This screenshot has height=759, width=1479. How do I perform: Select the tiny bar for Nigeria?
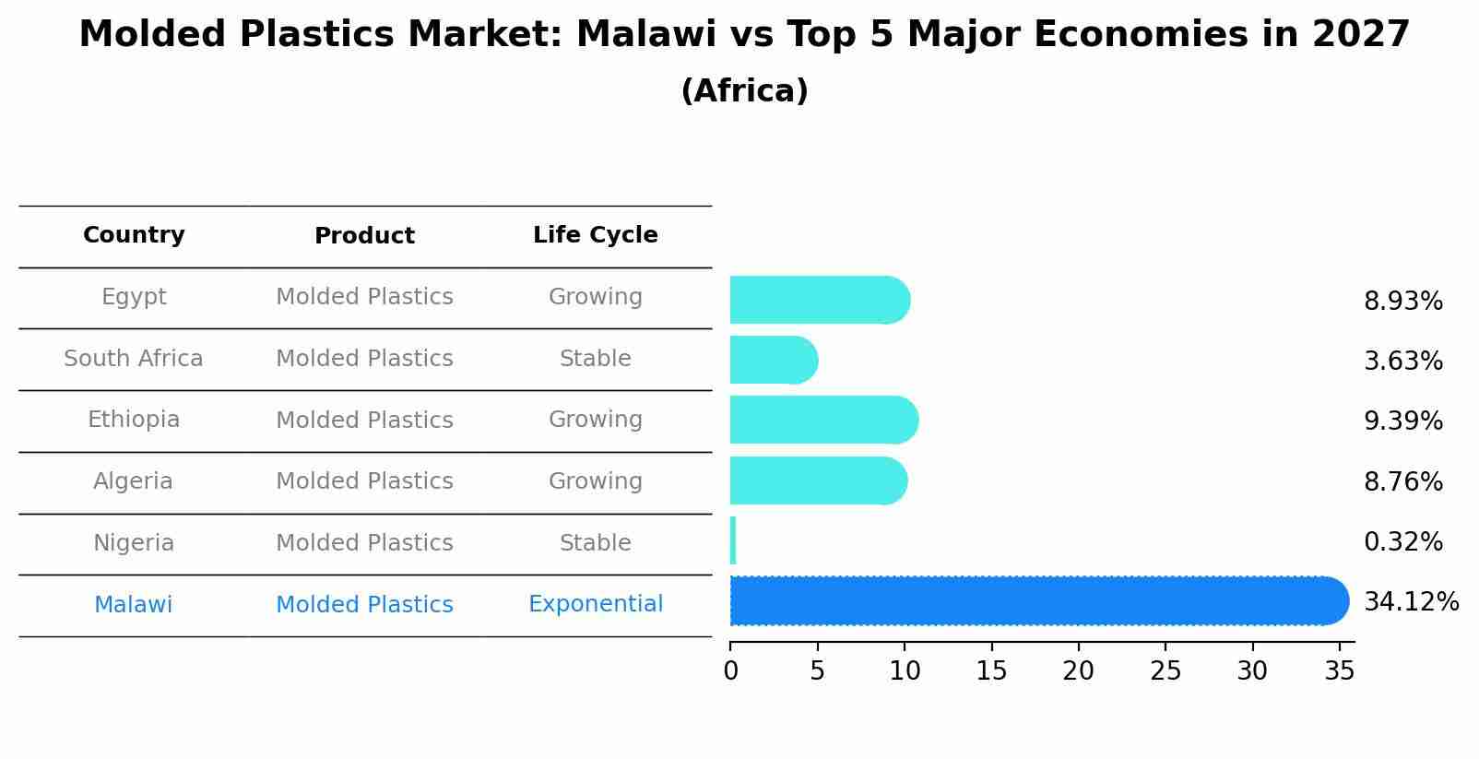[x=733, y=541]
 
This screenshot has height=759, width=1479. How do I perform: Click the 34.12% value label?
[x=1411, y=602]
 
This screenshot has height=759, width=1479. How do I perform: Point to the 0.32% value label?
[x=1402, y=542]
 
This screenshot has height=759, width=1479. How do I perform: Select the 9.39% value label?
[x=1402, y=421]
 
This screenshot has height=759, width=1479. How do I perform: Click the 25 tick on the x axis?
[x=1165, y=671]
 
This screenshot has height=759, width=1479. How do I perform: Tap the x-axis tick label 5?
[x=817, y=671]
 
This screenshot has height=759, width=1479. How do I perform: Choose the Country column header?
[x=134, y=235]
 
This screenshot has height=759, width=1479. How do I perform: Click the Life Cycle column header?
[x=595, y=235]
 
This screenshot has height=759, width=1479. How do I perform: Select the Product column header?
[x=364, y=236]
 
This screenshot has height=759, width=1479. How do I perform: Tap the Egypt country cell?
[x=134, y=297]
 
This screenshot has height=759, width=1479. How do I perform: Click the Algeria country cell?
[x=134, y=481]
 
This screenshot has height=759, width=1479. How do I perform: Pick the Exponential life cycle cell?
[x=595, y=604]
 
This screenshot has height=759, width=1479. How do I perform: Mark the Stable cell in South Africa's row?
[x=595, y=359]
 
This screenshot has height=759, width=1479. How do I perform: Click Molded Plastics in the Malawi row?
[x=364, y=605]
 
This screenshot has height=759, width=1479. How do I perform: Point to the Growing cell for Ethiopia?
[x=595, y=420]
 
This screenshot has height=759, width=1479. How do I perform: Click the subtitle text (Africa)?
[x=744, y=91]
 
